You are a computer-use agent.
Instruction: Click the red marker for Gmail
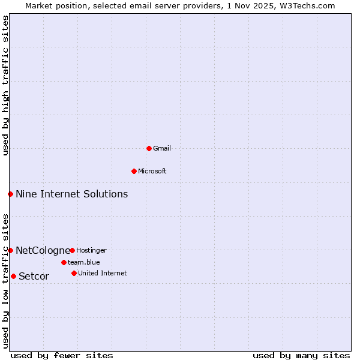pos(149,148)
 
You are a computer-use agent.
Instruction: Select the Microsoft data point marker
pos(134,171)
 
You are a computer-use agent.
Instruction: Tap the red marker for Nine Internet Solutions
pos(10,194)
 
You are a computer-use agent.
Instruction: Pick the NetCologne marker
pos(10,250)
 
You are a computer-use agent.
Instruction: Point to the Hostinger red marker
pos(72,250)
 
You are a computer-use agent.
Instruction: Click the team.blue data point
pos(64,262)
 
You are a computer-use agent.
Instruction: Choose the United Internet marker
pos(74,273)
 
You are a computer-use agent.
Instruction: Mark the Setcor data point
pos(13,276)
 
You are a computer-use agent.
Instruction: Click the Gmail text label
pos(162,148)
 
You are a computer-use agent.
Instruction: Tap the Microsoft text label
pos(152,171)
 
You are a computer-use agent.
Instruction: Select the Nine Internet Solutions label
pos(71,194)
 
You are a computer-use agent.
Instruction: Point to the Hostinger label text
pos(91,250)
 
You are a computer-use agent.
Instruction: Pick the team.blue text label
pos(83,262)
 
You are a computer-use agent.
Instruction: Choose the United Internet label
pos(102,273)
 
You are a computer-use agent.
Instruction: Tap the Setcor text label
pos(34,276)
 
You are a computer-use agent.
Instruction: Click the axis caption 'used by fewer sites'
pos(62,355)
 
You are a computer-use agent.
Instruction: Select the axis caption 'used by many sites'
pos(301,355)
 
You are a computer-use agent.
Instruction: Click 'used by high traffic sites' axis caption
pos(5,85)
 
